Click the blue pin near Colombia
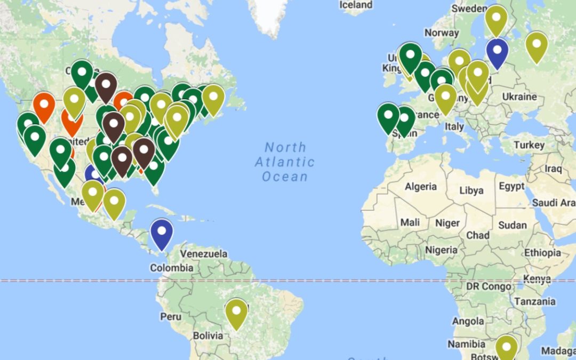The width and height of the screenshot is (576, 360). tap(162, 234)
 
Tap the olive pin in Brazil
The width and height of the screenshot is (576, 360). tap(236, 314)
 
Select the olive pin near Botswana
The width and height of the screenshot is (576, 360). tap(506, 348)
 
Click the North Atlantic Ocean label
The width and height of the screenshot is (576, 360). tap(285, 162)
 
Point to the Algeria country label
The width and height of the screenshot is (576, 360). tap(421, 187)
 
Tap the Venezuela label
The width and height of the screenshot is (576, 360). tap(204, 253)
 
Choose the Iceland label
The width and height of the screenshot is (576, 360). tap(356, 5)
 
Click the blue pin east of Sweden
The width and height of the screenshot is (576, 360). tap(497, 53)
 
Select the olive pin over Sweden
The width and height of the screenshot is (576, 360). tap(496, 20)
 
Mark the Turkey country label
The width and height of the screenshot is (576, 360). tap(529, 145)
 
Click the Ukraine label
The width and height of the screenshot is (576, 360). tap(519, 97)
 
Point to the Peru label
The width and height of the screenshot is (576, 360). tap(171, 316)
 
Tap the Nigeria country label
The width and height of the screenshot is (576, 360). tap(441, 250)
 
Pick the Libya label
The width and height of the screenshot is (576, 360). tap(471, 190)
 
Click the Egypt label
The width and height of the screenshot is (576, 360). tap(511, 186)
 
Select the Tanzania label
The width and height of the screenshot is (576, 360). tap(535, 301)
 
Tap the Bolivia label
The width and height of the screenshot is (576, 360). tap(207, 335)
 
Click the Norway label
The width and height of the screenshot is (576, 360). tap(442, 33)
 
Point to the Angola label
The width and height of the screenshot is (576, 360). tap(468, 321)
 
